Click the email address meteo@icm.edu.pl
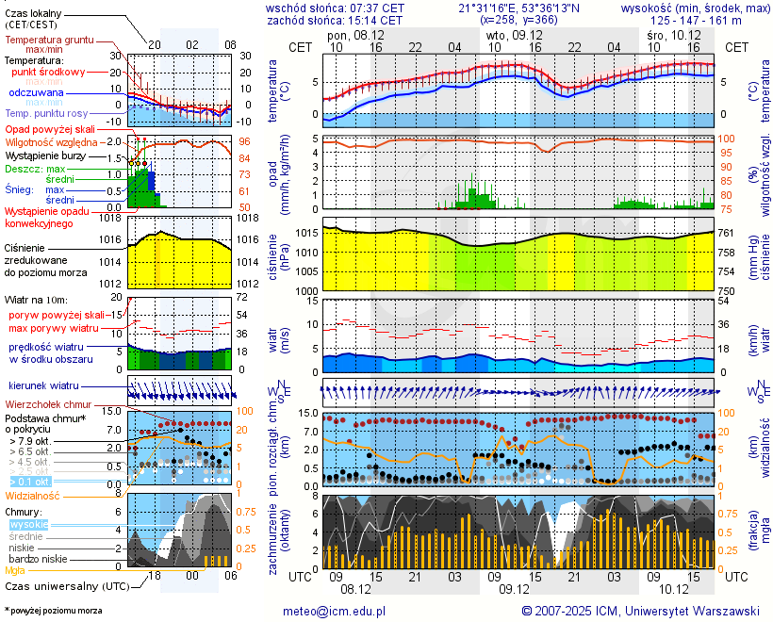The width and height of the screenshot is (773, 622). click(x=335, y=611)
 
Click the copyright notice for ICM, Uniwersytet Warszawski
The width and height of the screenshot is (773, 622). click(x=640, y=611)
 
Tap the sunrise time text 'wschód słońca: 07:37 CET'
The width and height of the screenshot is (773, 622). click(x=336, y=8)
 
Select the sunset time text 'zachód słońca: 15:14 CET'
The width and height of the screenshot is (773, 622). click(x=336, y=20)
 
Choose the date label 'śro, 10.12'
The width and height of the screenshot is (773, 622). click(x=674, y=34)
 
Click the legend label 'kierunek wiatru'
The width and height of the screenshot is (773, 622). click(x=44, y=386)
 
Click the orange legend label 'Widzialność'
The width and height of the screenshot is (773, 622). click(x=33, y=495)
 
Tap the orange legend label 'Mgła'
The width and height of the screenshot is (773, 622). click(x=15, y=570)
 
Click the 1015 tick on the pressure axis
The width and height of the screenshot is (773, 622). click(x=305, y=233)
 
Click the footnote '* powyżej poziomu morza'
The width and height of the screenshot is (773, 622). click(x=53, y=611)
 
